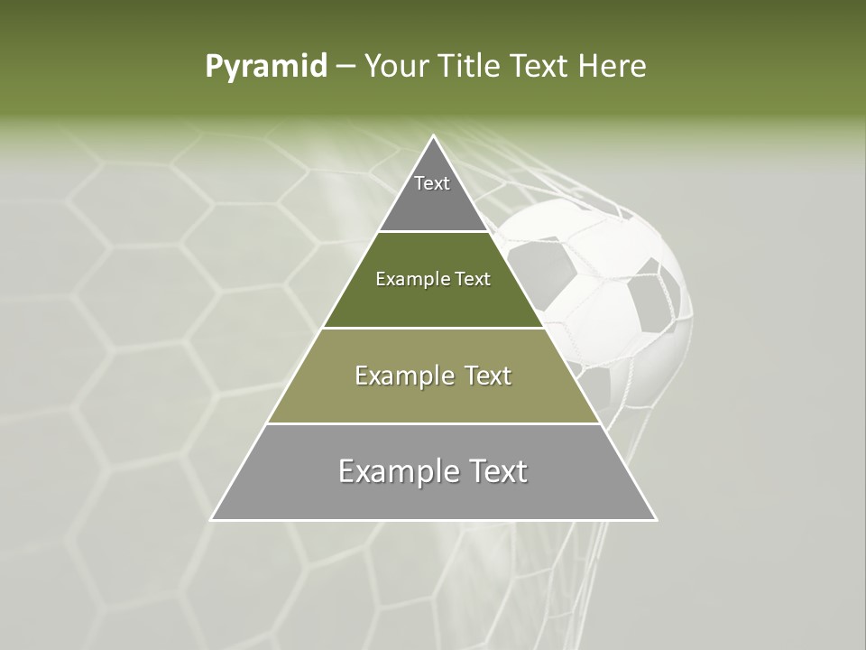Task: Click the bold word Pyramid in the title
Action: coord(266,67)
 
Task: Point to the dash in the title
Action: coord(345,67)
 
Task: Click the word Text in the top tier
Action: coord(432,183)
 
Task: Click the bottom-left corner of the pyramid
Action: coord(213,519)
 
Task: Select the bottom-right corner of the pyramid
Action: coord(655,519)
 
